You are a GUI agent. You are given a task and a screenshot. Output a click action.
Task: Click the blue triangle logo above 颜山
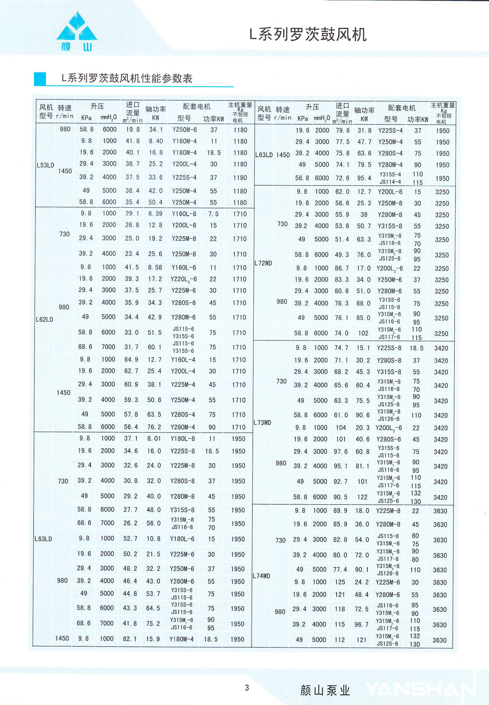tap(77, 28)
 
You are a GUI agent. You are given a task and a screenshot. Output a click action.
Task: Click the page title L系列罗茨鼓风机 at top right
tap(308, 34)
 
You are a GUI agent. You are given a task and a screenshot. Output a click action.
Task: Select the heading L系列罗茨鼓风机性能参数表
tap(127, 78)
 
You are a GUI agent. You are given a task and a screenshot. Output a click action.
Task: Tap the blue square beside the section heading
tap(40, 79)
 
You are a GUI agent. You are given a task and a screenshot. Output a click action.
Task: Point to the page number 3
tap(247, 688)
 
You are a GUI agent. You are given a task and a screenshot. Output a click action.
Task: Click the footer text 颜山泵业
tap(325, 690)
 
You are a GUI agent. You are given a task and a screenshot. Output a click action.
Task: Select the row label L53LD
tap(45, 165)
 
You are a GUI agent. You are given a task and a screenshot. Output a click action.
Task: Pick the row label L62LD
tap(45, 319)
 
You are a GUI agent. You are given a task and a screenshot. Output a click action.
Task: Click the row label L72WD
tap(263, 263)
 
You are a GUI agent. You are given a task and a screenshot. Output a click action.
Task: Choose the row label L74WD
tap(261, 576)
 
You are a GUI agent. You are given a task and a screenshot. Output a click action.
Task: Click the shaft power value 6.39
tap(155, 214)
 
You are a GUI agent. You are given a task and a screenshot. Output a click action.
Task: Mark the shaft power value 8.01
tap(154, 439)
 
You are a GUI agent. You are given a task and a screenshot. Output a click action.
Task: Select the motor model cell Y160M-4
tap(184, 141)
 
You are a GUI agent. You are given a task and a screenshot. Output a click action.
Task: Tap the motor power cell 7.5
tap(213, 214)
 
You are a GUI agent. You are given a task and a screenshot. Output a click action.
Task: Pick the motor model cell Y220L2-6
tap(183, 279)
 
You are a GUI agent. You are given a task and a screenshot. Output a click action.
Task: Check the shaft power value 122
tap(362, 497)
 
